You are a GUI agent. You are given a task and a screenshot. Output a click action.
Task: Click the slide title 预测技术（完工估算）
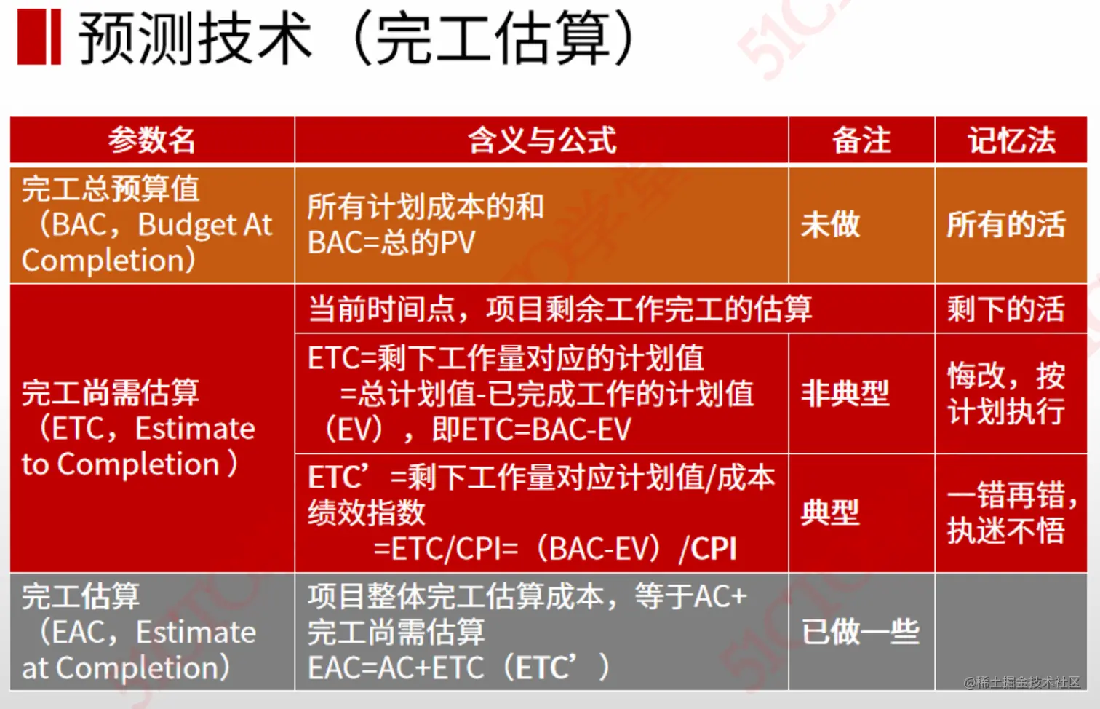356,38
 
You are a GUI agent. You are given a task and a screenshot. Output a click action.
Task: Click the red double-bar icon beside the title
39,38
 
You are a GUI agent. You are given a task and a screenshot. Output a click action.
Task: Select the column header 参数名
151,140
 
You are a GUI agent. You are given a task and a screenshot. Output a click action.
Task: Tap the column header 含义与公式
541,140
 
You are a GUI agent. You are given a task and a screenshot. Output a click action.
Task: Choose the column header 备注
861,140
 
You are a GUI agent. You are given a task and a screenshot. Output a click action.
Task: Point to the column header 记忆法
1011,140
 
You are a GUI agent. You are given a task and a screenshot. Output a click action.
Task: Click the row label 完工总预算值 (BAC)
146,224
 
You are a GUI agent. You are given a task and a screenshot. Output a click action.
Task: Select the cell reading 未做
830,224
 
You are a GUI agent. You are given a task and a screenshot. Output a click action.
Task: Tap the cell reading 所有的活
1005,224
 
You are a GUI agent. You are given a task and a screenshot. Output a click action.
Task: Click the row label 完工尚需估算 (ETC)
138,428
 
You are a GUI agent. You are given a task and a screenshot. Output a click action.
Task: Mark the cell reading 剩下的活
1005,309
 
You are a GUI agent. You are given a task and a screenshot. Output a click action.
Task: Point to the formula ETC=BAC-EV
531,429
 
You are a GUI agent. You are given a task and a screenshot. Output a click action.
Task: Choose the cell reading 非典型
845,394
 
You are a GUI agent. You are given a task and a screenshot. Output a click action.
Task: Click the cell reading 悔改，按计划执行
1006,394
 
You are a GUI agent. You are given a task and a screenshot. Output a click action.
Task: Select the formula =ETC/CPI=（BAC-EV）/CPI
554,549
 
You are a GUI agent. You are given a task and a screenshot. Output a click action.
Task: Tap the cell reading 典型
830,512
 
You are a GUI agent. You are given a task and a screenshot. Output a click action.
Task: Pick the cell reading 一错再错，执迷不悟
1011,512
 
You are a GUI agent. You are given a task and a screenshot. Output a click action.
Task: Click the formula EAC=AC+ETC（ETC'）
458,668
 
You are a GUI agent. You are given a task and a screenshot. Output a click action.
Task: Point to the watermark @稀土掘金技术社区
1021,682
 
